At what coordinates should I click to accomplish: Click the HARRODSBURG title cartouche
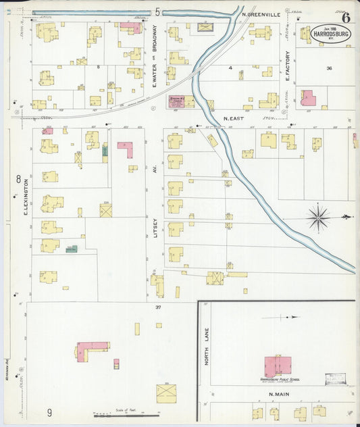point(330,33)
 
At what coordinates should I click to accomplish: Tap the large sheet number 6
point(345,9)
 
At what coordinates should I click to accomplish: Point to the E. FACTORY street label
point(287,67)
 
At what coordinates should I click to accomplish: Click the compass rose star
point(318,217)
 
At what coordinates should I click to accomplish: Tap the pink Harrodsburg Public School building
point(277,366)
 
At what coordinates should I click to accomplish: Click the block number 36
point(329,68)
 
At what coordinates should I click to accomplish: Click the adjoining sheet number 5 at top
point(157,11)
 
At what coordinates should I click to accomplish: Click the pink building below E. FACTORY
point(308,97)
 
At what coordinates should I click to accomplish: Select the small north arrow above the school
point(294,316)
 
